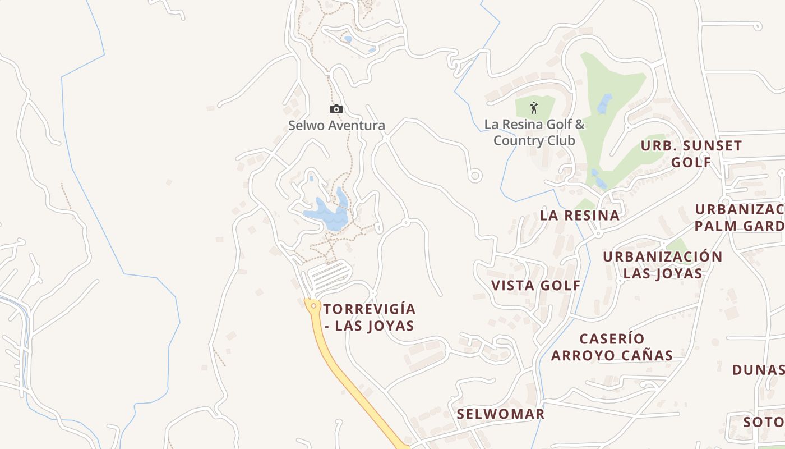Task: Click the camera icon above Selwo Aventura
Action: [x=336, y=109]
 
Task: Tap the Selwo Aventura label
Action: [x=336, y=125]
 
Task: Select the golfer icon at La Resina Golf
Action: [x=534, y=107]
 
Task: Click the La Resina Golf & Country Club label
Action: [x=534, y=132]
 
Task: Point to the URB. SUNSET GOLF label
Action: [x=691, y=154]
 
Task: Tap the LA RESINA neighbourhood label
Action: [x=580, y=215]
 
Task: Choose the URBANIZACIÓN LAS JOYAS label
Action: [x=663, y=265]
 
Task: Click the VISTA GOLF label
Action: [x=536, y=285]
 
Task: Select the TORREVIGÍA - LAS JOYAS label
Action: [x=369, y=317]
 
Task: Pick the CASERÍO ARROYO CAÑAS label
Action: [x=612, y=347]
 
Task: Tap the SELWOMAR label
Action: [x=500, y=414]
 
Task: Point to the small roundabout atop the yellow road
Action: [x=313, y=305]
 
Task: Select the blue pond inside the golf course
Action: [x=604, y=104]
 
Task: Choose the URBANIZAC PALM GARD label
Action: [x=740, y=217]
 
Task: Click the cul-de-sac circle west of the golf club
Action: [x=475, y=176]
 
